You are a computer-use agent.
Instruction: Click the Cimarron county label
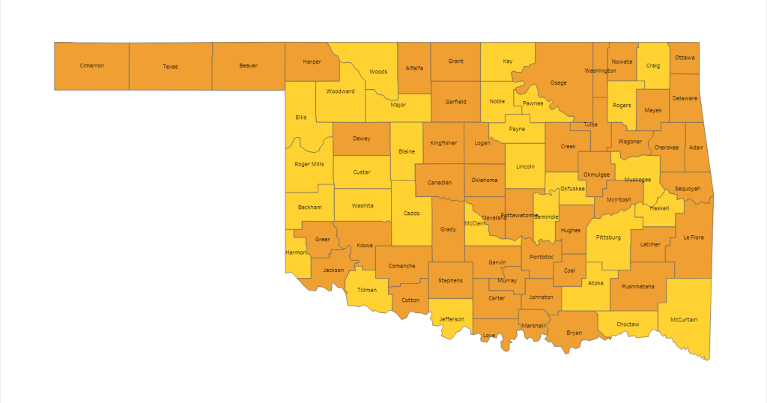coord(91,66)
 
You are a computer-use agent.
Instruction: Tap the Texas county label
coord(170,67)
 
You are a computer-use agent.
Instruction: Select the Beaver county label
coord(248,66)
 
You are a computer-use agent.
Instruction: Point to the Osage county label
coord(558,82)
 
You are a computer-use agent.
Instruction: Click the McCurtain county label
coord(685,320)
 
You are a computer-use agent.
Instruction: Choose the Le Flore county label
coord(693,237)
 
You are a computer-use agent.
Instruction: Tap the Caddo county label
coord(411,213)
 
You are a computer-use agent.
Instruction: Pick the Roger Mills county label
coord(309,164)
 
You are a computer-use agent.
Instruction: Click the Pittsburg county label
coord(608,237)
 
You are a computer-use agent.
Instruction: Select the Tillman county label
coord(367,290)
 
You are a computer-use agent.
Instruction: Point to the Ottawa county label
coord(685,58)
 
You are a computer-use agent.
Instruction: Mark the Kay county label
coord(508,61)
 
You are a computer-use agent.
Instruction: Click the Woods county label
coord(378,72)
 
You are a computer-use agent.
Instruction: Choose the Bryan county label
coord(574,332)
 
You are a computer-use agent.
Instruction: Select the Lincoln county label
coord(525,166)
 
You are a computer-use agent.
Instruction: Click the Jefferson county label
coord(452,319)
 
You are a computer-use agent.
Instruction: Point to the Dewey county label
coord(362,139)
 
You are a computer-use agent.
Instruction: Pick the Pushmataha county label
coord(637,286)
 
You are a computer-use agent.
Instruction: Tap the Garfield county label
coord(455,101)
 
